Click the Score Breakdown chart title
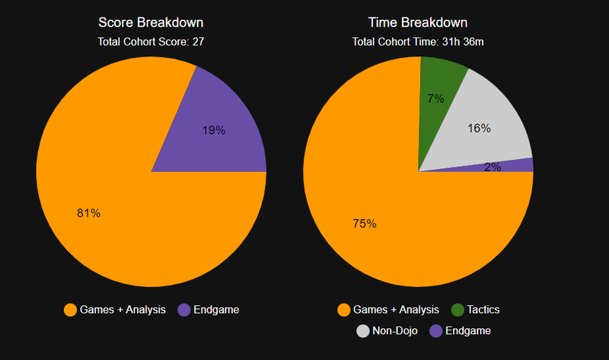(x=151, y=23)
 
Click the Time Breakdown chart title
(x=418, y=23)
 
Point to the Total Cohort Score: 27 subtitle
(x=151, y=42)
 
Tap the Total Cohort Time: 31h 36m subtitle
(x=418, y=42)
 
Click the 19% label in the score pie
(x=214, y=130)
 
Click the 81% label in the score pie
(x=89, y=213)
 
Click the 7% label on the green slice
(x=435, y=98)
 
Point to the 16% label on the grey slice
(x=479, y=129)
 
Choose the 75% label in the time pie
(x=364, y=224)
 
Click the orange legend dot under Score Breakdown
(x=71, y=310)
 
